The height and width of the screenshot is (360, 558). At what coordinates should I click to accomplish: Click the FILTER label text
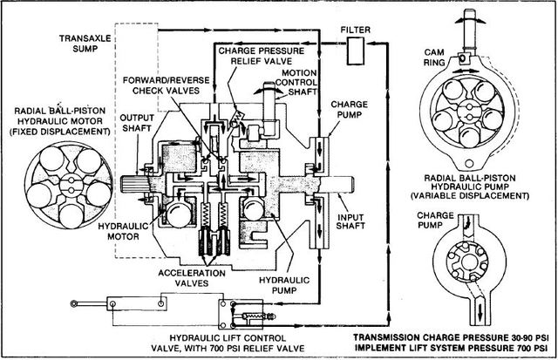pos(355,30)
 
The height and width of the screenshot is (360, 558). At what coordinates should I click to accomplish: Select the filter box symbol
pos(356,51)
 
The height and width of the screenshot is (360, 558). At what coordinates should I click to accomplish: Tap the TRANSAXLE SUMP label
pos(85,43)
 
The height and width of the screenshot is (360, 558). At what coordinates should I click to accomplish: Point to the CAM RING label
pos(434,58)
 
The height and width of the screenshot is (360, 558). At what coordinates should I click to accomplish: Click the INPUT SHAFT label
pos(350,221)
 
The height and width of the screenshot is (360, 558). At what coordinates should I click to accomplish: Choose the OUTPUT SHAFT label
pos(137,123)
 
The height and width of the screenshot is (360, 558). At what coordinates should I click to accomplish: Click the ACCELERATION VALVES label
pos(192,278)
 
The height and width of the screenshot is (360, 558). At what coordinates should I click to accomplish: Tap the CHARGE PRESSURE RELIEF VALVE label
pos(262,56)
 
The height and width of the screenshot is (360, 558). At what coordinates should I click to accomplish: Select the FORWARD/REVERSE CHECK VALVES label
pos(167,85)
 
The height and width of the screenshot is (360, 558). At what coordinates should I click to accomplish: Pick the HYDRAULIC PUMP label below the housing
pos(284,285)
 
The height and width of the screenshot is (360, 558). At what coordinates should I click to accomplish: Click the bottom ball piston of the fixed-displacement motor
pos(71,215)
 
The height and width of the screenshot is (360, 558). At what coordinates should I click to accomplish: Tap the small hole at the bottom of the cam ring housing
pos(469,163)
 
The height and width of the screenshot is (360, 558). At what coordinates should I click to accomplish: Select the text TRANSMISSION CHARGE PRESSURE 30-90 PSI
pos(451,336)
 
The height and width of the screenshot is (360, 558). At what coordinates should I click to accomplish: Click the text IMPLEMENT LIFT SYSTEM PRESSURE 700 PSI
pos(451,347)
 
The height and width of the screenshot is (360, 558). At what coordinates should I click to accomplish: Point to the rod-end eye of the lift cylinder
pos(74,303)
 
